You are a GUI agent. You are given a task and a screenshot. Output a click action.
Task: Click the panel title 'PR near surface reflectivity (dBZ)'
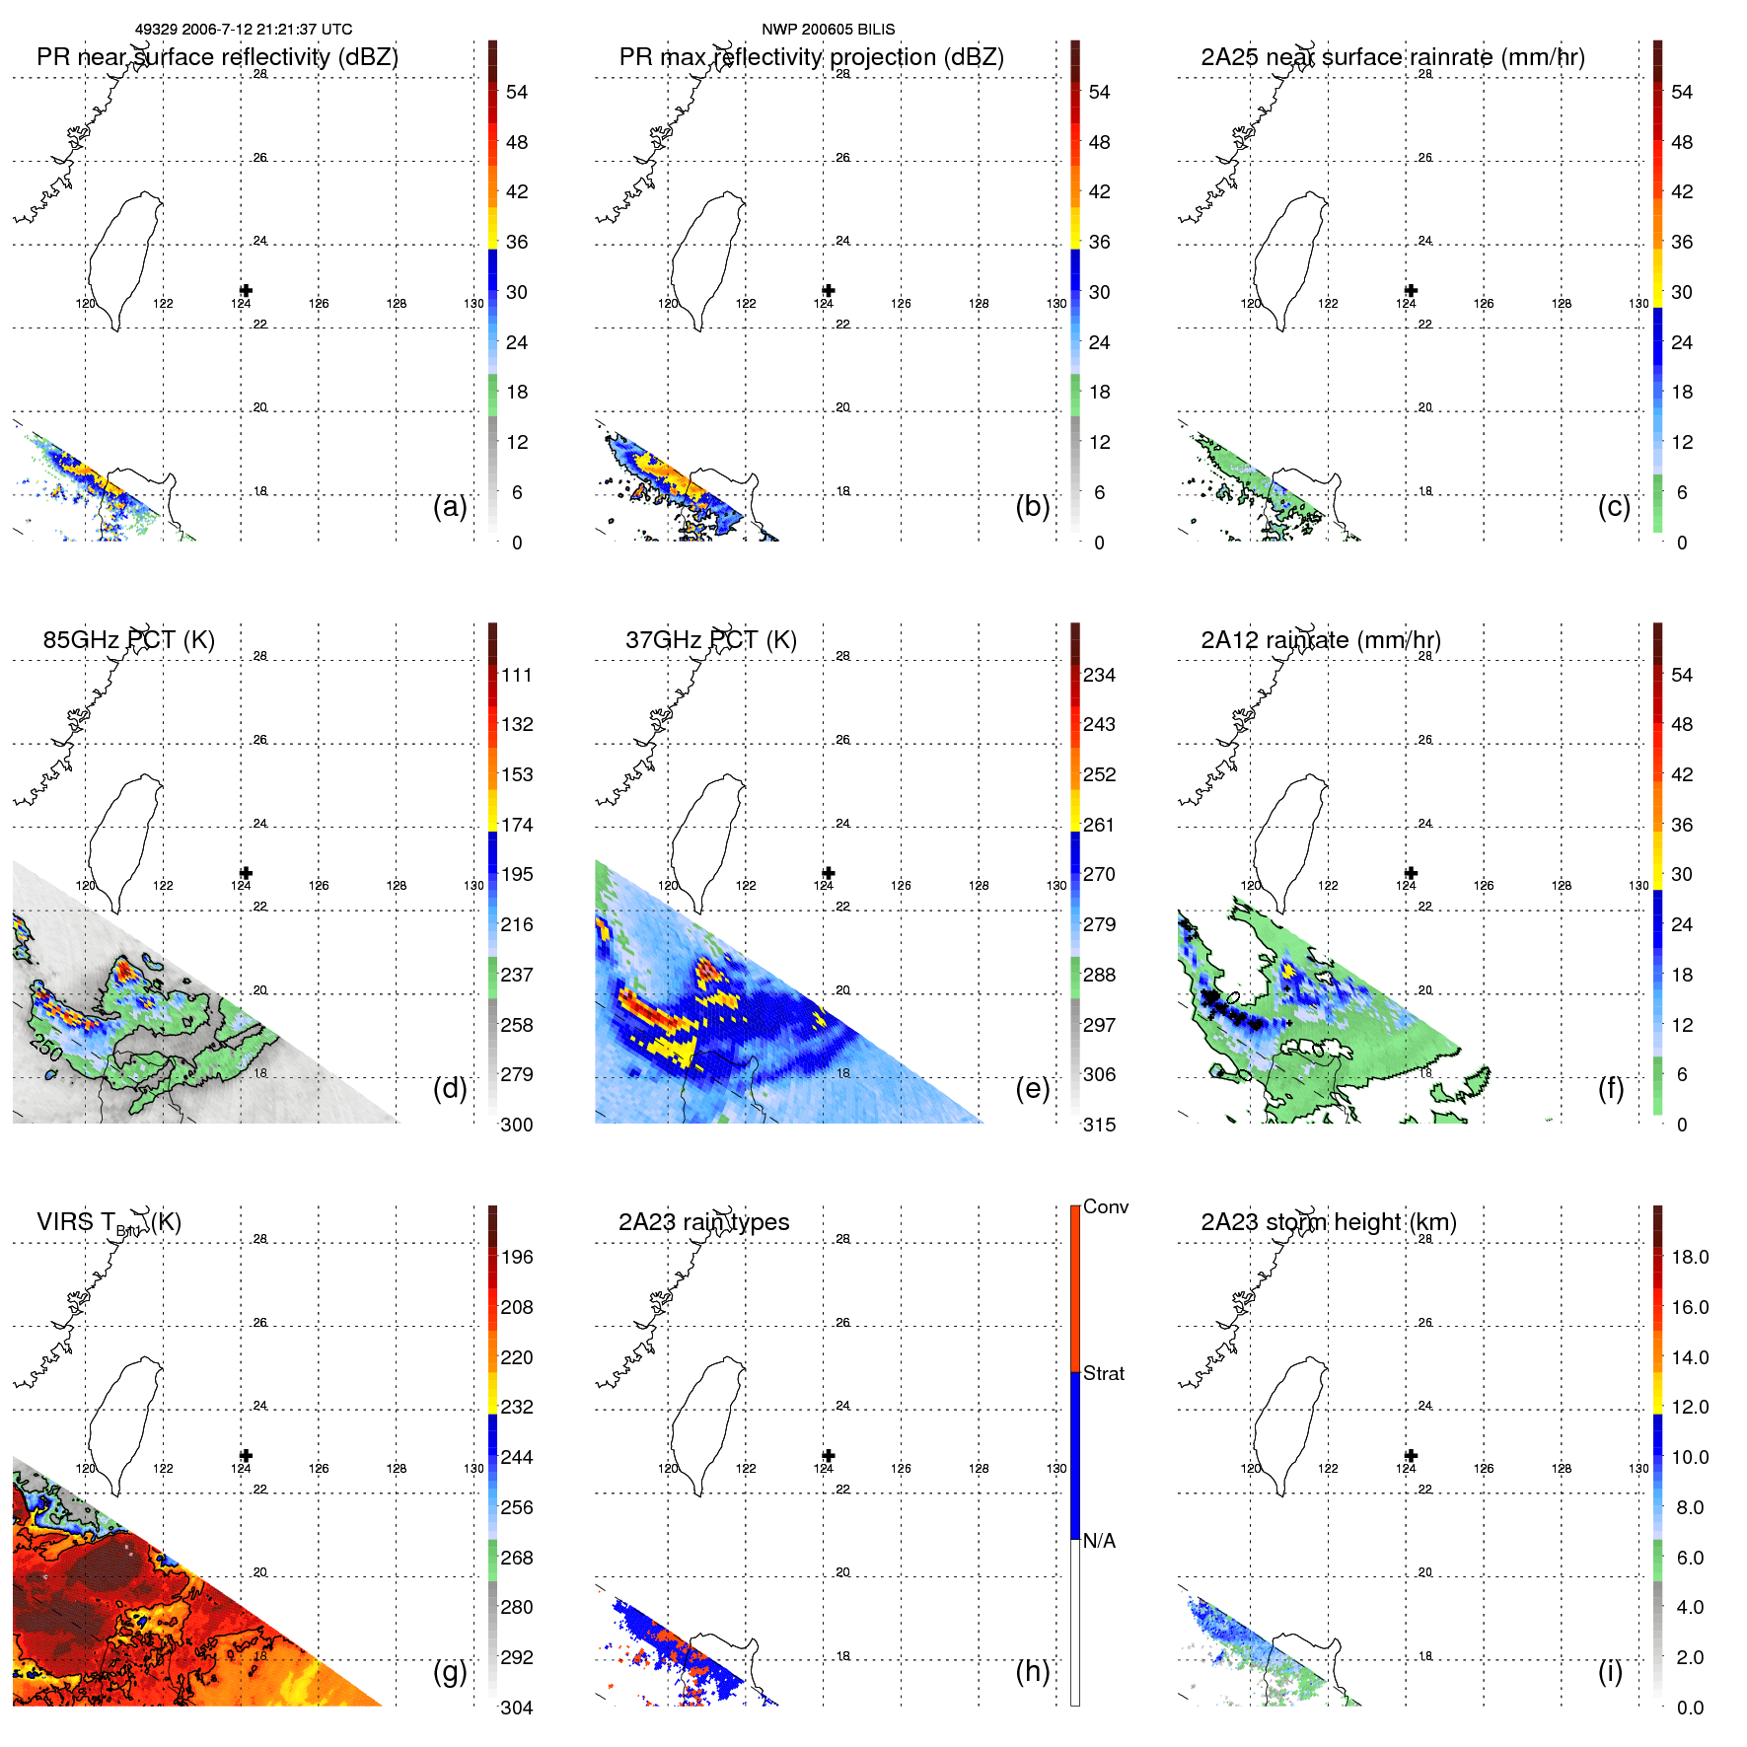(217, 57)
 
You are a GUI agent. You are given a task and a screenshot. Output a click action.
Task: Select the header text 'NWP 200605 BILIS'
(828, 30)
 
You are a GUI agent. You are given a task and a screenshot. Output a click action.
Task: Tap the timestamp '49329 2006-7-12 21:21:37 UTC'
(243, 30)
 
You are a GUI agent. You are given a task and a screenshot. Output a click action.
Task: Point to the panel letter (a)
(450, 507)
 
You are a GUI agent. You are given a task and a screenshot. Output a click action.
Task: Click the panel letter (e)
(1032, 1089)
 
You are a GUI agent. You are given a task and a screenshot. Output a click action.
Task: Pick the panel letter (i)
(1610, 1671)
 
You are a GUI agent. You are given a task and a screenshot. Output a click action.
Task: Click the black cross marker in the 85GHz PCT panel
(246, 873)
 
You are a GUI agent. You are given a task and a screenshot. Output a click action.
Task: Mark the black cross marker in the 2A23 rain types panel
(829, 1455)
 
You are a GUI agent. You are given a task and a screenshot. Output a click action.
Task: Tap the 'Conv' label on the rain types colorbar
(1106, 1206)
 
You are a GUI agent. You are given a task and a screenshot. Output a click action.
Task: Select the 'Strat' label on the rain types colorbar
(1104, 1373)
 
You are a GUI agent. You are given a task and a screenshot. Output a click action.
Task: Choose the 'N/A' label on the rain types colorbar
(1099, 1541)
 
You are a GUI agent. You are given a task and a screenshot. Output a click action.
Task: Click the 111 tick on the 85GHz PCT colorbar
(517, 675)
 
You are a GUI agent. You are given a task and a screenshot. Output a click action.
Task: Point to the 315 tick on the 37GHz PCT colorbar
(1100, 1125)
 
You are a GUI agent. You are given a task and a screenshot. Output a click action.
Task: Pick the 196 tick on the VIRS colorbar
(517, 1257)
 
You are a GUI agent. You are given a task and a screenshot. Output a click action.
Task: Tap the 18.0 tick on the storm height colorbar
(1690, 1257)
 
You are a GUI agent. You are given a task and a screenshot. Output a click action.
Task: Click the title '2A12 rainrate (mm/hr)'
(1321, 640)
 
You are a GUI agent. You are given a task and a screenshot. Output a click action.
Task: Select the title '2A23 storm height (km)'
(1329, 1222)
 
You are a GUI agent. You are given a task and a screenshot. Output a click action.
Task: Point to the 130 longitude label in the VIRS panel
(473, 1469)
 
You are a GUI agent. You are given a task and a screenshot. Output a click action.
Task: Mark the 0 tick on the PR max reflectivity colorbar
(1099, 543)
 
